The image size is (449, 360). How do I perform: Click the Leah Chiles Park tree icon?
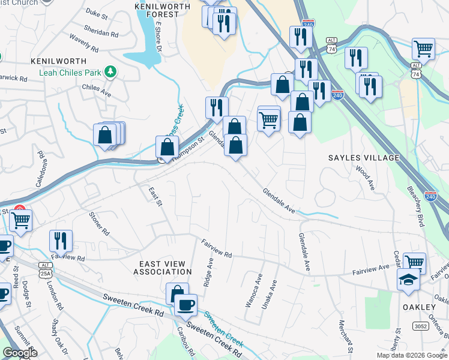click(110, 73)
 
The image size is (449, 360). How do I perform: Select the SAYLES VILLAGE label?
click(363, 158)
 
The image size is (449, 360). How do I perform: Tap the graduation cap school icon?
click(409, 280)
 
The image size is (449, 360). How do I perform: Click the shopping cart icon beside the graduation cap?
click(414, 263)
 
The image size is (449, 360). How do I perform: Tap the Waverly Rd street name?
click(83, 43)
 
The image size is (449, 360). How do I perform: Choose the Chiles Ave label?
click(97, 91)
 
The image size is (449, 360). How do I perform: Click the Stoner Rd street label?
click(99, 223)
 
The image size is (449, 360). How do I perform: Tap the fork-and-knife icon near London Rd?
click(61, 241)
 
